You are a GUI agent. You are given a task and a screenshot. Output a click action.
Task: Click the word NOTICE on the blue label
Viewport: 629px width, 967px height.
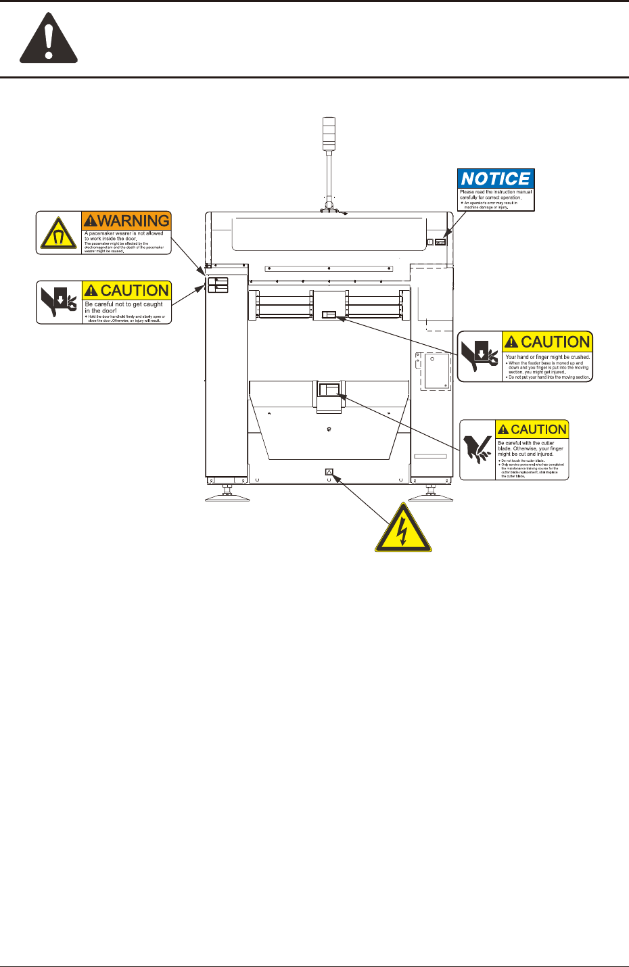click(495, 179)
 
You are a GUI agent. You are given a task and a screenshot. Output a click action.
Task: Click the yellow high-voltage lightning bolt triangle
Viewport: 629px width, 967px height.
click(402, 529)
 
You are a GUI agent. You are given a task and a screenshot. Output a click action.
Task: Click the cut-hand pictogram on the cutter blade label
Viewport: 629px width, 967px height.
click(478, 450)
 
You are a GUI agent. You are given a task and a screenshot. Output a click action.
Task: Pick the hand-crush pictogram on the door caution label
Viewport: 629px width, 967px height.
click(59, 302)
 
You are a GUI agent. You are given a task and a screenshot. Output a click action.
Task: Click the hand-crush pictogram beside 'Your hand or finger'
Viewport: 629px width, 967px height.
click(480, 356)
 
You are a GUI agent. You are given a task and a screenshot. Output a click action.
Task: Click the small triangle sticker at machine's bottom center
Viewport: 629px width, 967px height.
click(329, 472)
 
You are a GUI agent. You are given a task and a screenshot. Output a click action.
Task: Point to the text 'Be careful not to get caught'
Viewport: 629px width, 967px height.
click(124, 304)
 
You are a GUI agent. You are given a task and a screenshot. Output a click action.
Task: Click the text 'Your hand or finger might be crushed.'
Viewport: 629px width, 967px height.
click(547, 357)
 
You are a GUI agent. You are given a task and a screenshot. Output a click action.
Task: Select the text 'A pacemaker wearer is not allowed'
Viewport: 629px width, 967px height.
click(124, 233)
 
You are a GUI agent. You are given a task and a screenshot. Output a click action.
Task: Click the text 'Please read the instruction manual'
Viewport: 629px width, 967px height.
click(496, 192)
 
